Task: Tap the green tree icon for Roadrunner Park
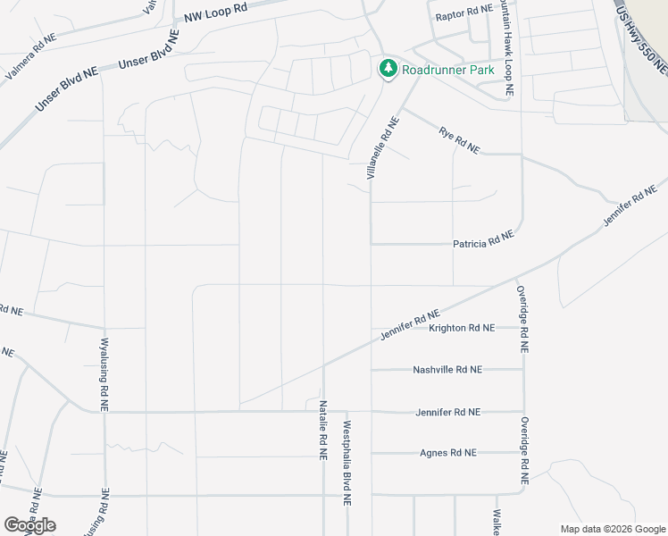388,69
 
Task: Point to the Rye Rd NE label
458,140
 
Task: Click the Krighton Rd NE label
461,328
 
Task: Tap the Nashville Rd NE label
447,369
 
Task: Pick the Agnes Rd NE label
448,453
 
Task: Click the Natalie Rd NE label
322,429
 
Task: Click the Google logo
29,524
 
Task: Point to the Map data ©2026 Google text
612,529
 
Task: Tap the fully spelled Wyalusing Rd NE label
104,373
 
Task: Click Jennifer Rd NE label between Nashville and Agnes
447,412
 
